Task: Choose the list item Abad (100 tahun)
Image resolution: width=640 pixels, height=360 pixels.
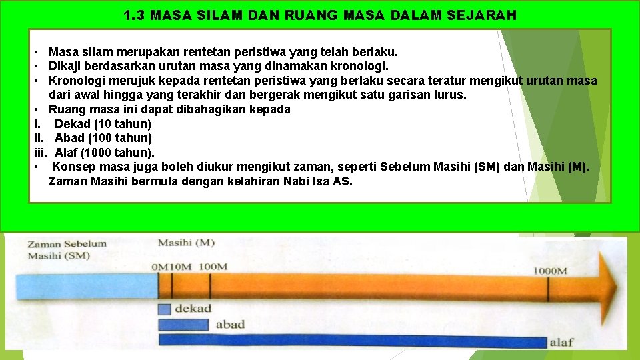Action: coord(103,138)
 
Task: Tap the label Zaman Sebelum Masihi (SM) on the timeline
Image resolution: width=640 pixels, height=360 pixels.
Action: coord(67,249)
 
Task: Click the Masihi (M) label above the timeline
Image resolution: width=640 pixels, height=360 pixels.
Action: coord(186,243)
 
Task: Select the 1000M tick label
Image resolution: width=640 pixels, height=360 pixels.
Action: coord(550,271)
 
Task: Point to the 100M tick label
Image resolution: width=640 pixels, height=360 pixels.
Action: coord(213,267)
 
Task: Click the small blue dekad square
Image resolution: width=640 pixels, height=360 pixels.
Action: coord(165,309)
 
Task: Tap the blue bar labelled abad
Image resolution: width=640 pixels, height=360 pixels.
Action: coord(184,325)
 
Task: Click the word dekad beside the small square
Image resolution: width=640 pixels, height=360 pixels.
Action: coord(193,309)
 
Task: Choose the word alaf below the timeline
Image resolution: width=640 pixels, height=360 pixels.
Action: coord(561,343)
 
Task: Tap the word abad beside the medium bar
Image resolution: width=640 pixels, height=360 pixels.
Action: coord(230,325)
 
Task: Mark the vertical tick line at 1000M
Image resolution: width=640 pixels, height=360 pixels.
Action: coord(548,288)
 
